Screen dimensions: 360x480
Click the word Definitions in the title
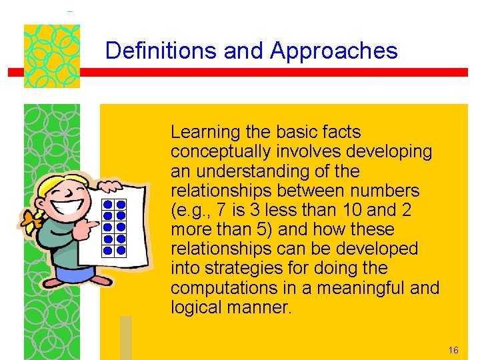(161, 51)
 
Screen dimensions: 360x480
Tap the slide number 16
(453, 350)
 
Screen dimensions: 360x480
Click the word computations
(218, 288)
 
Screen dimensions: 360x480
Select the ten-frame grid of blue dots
(115, 228)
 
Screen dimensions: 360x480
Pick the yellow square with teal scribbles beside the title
(51, 56)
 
